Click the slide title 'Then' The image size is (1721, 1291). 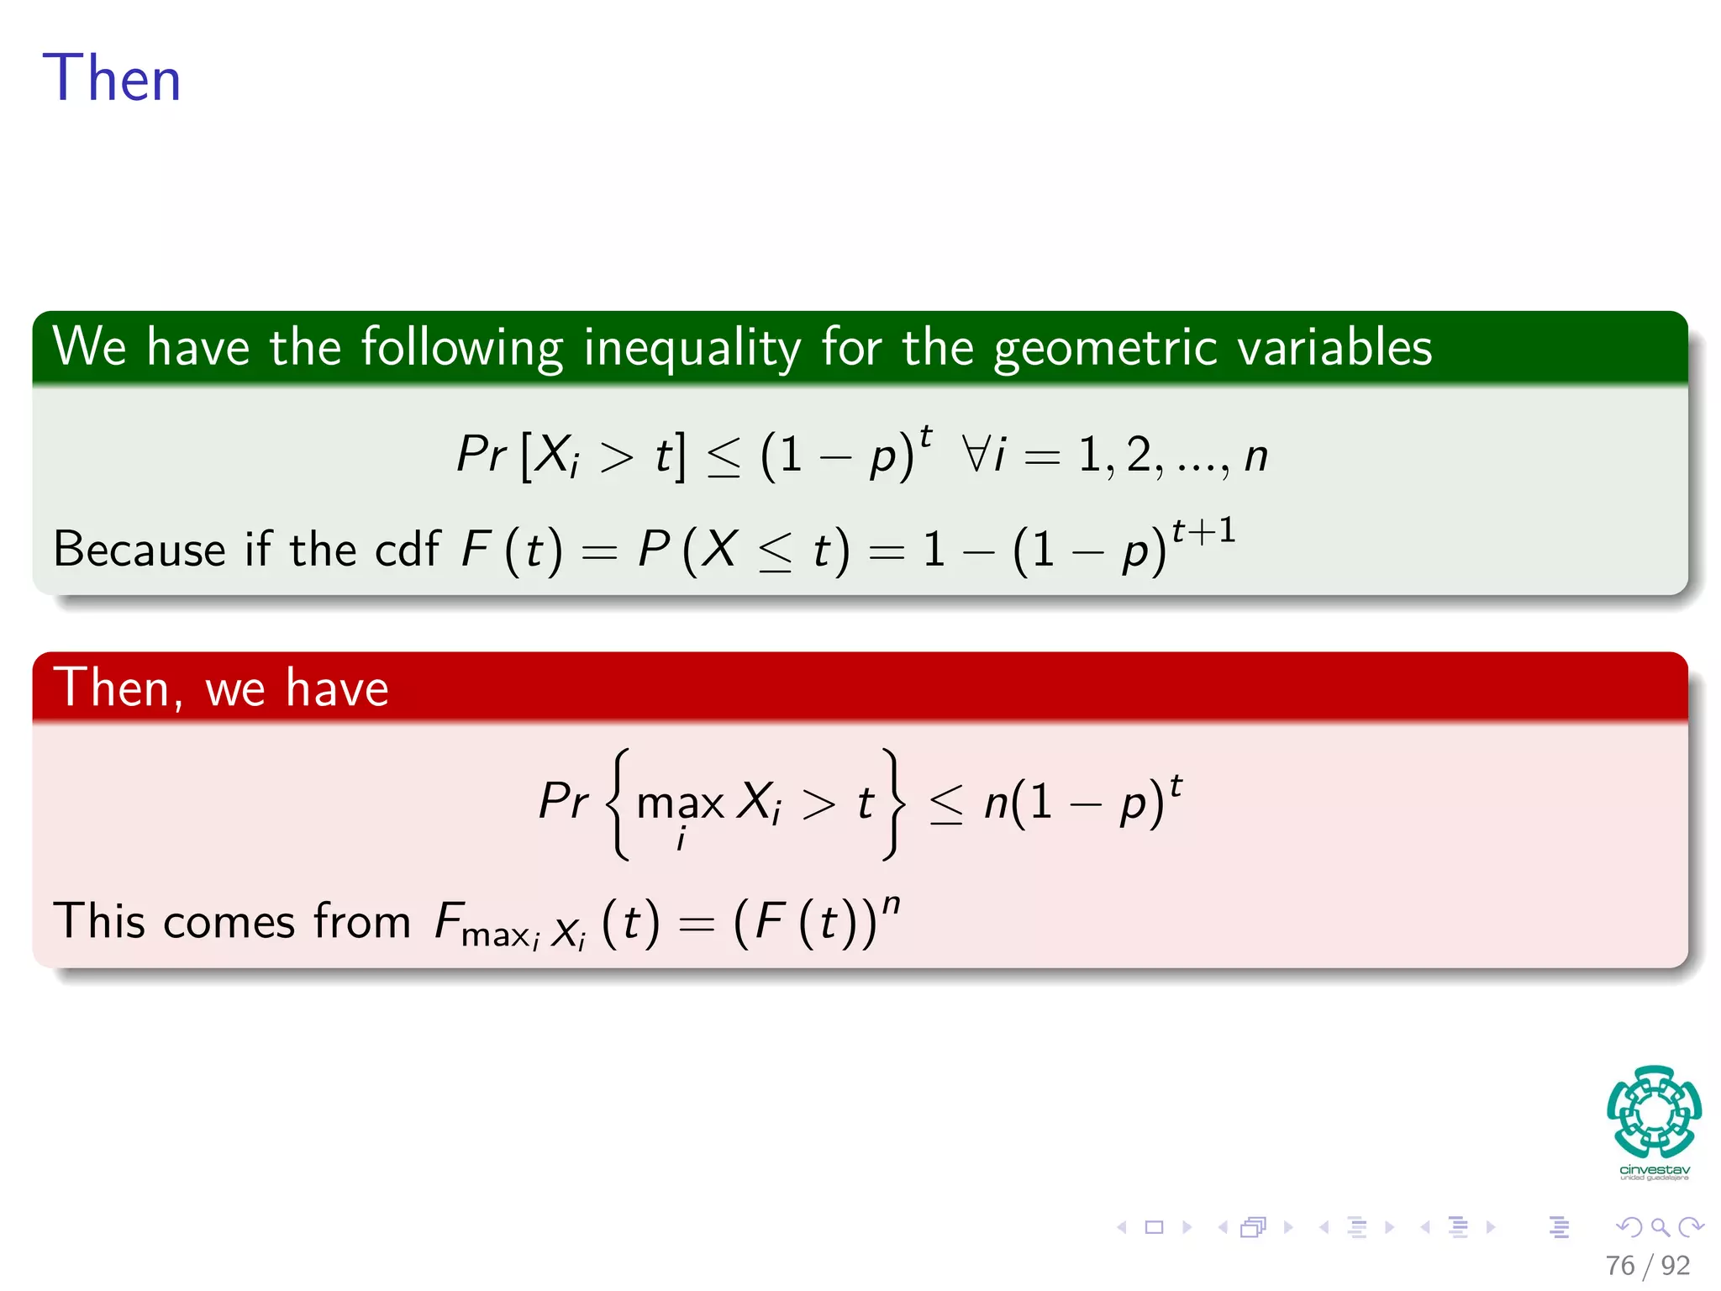pos(112,78)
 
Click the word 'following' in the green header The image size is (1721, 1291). pos(461,348)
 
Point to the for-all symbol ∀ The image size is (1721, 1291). pos(976,455)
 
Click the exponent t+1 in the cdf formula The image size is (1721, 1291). pos(1203,530)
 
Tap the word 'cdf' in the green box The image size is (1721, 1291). pos(407,549)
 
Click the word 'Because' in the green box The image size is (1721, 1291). pos(139,549)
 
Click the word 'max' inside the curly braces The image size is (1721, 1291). pos(680,804)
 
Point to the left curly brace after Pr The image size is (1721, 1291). pos(618,804)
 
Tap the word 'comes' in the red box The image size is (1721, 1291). pos(228,921)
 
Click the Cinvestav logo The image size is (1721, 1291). pos(1654,1121)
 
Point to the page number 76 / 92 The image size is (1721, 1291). pos(1647,1266)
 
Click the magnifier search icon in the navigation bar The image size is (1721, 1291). pos(1660,1227)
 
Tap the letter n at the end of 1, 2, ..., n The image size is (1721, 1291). pos(1255,456)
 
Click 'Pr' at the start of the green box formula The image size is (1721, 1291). pos(481,455)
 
